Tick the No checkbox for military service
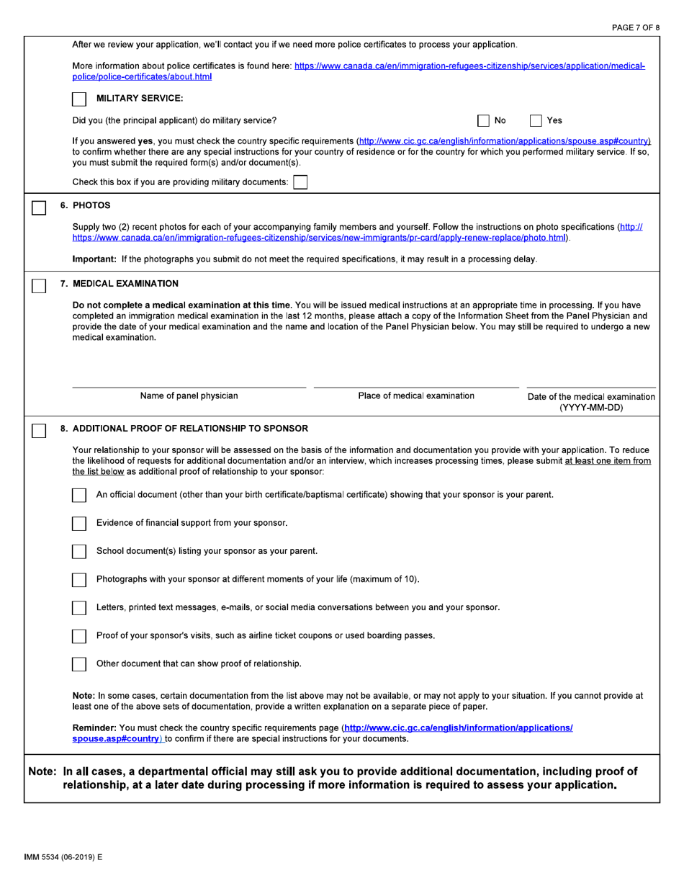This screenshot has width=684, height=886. (x=485, y=121)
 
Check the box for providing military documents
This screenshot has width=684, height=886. (x=300, y=182)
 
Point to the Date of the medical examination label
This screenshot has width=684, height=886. (x=591, y=397)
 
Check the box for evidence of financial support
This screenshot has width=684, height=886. (x=80, y=523)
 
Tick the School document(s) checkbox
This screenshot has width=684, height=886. (x=80, y=552)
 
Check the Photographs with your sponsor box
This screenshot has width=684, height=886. (x=80, y=580)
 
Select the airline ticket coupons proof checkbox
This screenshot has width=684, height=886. (x=80, y=636)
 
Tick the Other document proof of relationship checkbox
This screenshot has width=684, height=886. (x=80, y=663)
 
